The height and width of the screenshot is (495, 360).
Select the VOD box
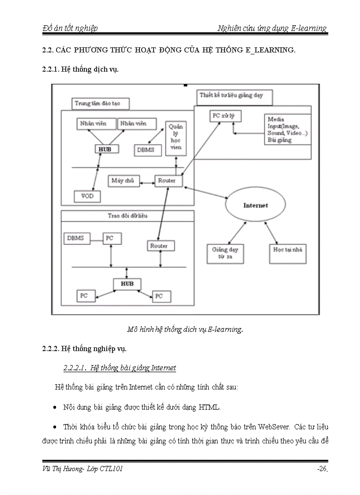click(87, 196)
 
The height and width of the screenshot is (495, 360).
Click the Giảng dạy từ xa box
click(225, 253)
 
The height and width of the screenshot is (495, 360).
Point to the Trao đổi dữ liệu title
click(127, 216)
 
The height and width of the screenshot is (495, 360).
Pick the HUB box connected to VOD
click(105, 149)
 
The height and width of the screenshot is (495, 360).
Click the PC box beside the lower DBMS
click(112, 238)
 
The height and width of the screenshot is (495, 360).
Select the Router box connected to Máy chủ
click(167, 181)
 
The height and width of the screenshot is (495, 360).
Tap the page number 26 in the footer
click(322, 469)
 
